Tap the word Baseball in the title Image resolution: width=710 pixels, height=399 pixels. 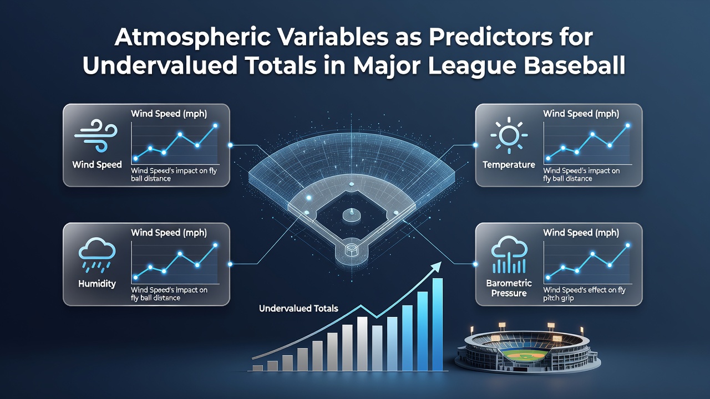(574, 65)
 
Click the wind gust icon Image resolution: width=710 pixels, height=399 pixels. (96, 136)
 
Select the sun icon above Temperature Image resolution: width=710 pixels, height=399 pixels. (509, 135)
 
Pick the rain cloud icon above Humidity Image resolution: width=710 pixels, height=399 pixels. (97, 255)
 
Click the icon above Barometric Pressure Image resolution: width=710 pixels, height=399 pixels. (509, 254)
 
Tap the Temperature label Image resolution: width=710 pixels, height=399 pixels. (509, 165)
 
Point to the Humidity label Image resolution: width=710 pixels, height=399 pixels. (97, 283)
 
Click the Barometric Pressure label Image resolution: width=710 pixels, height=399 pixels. (509, 288)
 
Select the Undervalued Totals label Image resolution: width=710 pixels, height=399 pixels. (298, 309)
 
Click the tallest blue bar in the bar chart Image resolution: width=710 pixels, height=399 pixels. (438, 324)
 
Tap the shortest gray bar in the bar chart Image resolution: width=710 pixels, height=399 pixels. (257, 368)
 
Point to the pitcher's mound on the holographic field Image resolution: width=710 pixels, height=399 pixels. (352, 216)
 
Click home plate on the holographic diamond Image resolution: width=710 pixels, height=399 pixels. (351, 249)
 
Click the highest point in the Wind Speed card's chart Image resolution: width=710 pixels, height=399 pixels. (216, 126)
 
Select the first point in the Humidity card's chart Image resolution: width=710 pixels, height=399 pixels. (136, 278)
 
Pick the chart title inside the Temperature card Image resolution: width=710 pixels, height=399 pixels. (581, 114)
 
